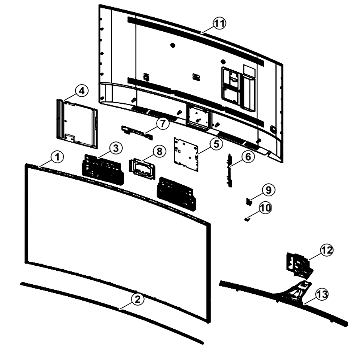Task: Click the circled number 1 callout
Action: (57, 157)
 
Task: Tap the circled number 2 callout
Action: (137, 300)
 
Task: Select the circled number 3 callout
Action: (116, 148)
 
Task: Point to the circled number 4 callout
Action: (81, 91)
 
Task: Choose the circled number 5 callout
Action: (216, 144)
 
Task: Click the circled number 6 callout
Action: (248, 157)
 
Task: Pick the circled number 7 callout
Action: (163, 124)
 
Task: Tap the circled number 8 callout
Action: (159, 152)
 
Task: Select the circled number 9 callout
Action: (269, 190)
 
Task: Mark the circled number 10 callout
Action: (265, 208)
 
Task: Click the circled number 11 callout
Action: (220, 24)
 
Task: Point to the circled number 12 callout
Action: (327, 250)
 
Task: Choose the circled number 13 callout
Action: (322, 294)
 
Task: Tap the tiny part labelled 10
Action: (247, 220)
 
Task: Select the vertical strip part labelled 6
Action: (229, 170)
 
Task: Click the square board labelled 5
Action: (186, 154)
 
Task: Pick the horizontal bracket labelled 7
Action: (137, 133)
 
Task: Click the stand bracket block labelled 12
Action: (298, 264)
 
